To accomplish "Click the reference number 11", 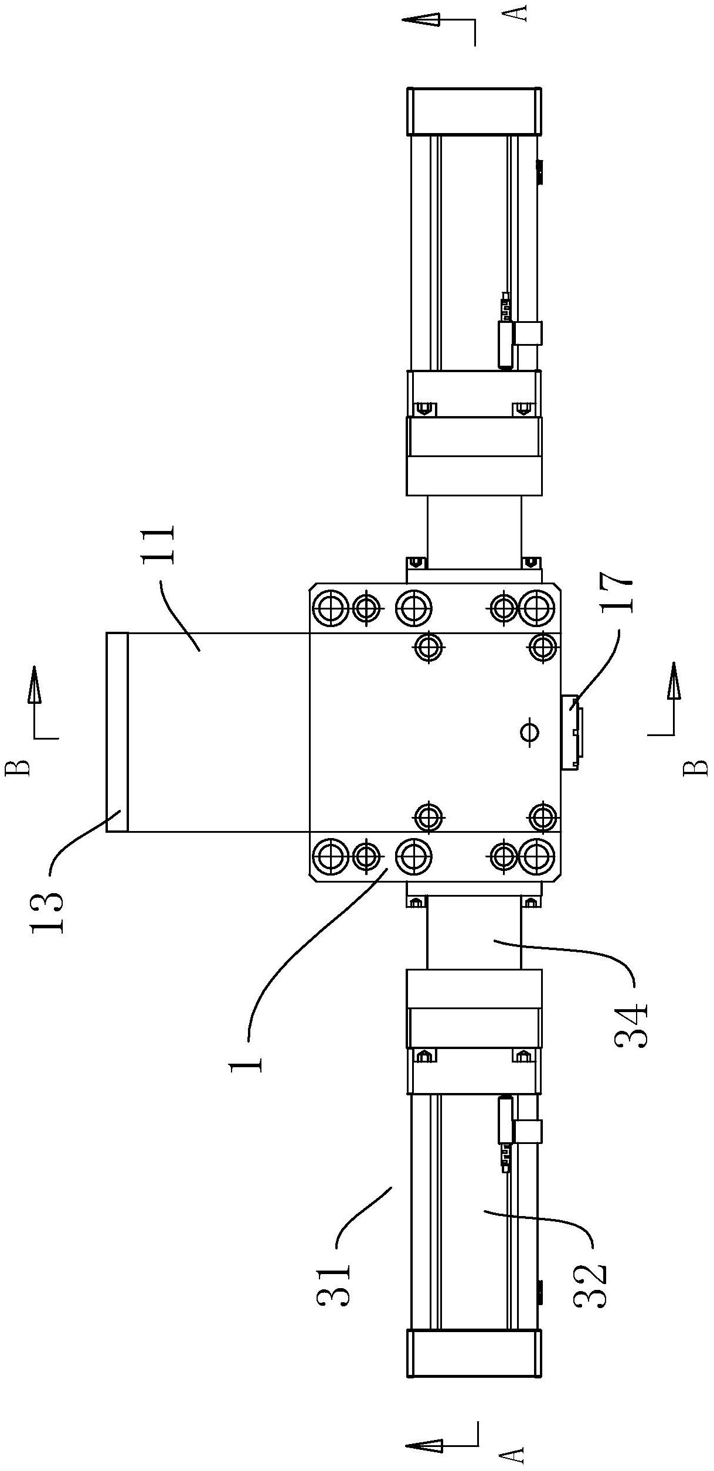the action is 158,544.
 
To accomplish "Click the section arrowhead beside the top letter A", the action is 420,20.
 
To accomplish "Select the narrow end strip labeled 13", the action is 117,732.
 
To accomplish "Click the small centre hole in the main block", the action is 530,731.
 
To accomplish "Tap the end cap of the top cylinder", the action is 474,111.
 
